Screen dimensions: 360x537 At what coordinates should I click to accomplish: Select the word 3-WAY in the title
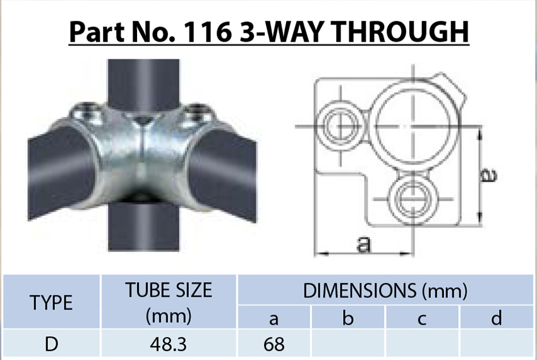pos(272,32)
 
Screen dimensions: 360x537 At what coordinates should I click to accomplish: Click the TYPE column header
pos(51,303)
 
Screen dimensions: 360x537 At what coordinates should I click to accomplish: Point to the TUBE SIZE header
pos(168,291)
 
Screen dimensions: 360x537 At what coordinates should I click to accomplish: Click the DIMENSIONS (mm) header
pos(385,291)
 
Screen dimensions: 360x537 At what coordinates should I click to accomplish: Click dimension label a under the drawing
pos(363,244)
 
